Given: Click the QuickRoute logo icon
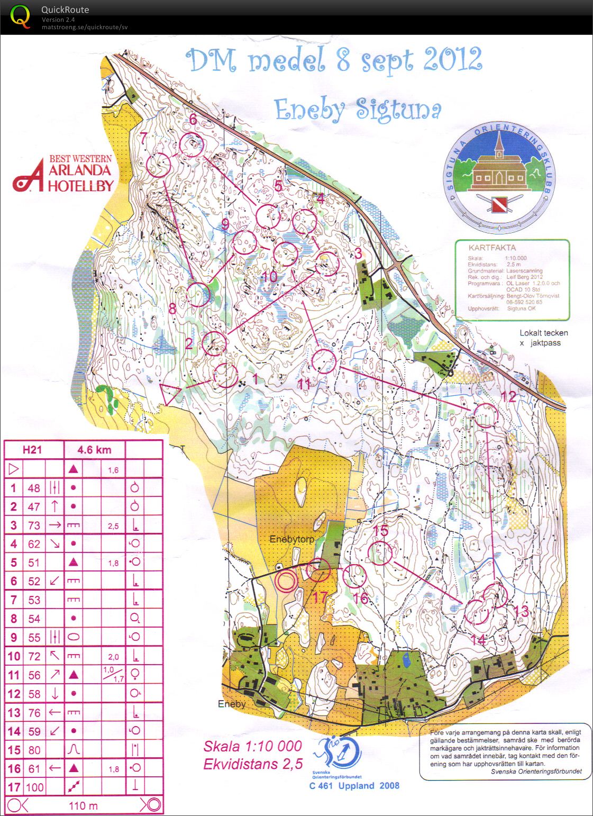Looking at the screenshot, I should pos(21,16).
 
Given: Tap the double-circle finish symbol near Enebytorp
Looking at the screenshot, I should pos(286,581).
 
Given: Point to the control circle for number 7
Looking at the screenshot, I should pos(158,165).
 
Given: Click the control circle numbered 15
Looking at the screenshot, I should pos(380,553).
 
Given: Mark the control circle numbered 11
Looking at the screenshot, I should pos(323,362).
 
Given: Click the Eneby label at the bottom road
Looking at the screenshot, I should pos(232,704).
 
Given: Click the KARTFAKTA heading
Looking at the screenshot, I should pos(492,247).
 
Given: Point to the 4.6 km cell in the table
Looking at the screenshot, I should pos(94,450).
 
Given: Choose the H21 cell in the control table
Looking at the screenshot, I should pos(32,450).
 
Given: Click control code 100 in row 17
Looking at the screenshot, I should pos(34,787).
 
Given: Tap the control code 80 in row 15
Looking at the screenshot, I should pos(34,750).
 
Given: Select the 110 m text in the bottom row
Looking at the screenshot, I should pos(83,805).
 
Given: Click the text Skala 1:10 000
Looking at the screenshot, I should pos(252,746).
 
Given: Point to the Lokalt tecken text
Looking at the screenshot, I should pos(543,333).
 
